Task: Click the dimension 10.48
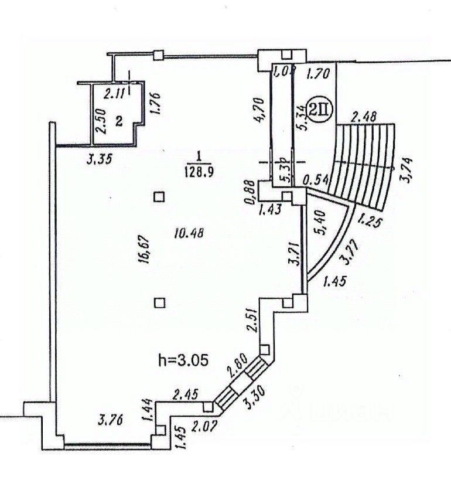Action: click(192, 233)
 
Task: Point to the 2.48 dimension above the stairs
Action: click(363, 117)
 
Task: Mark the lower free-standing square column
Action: click(159, 302)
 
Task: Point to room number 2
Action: click(118, 121)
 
